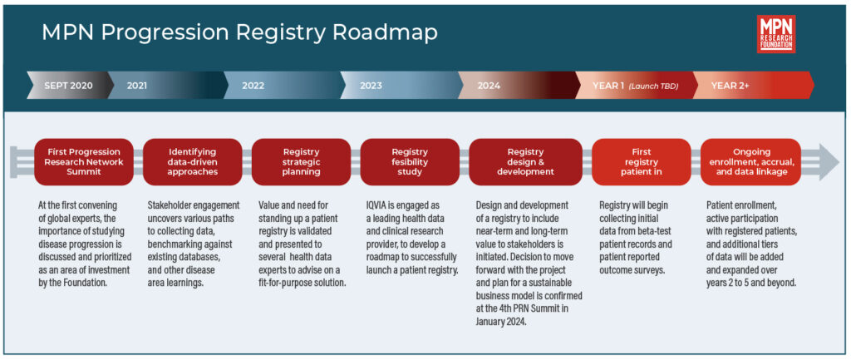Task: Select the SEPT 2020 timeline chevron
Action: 68,86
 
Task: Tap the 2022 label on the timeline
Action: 253,86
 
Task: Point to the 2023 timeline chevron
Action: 371,86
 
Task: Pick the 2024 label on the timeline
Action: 489,86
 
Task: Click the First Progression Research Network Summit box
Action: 84,161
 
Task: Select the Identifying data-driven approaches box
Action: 192,161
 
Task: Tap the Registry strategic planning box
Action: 301,161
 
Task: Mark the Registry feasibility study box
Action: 409,161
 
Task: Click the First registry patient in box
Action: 641,161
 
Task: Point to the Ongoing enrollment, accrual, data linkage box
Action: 750,161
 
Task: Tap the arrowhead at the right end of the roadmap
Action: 826,161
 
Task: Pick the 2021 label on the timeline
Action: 137,86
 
